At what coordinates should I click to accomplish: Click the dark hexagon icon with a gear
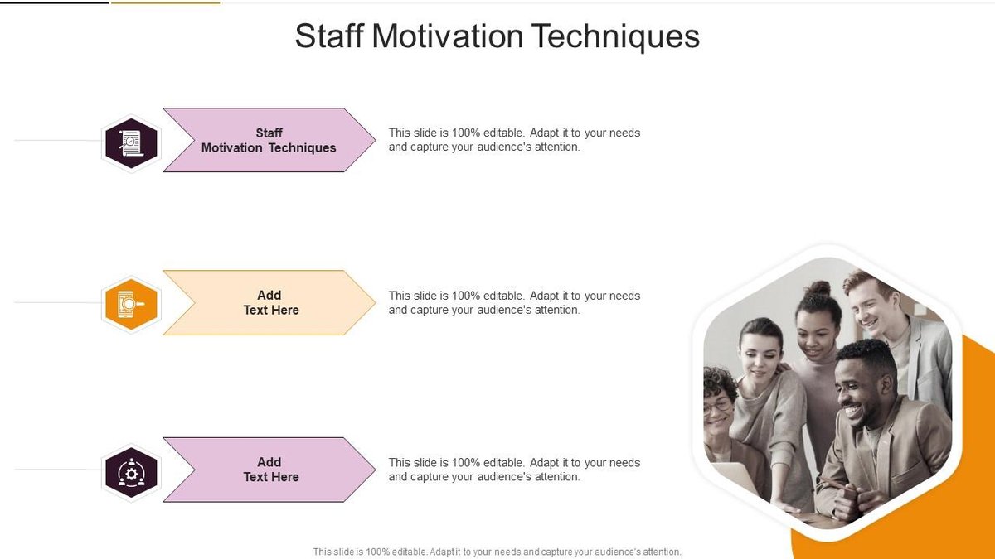point(131,473)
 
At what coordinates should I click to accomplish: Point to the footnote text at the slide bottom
point(497,552)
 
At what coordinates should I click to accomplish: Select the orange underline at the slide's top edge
point(165,2)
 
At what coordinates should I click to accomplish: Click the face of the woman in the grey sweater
point(759,356)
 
